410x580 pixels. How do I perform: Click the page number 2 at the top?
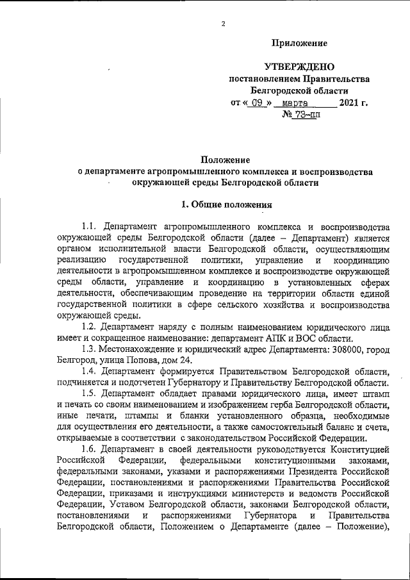click(222, 24)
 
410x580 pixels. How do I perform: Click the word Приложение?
click(300, 43)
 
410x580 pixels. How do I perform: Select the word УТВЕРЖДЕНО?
click(299, 67)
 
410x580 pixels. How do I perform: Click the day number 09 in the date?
click(257, 103)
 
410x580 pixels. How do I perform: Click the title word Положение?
click(224, 160)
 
